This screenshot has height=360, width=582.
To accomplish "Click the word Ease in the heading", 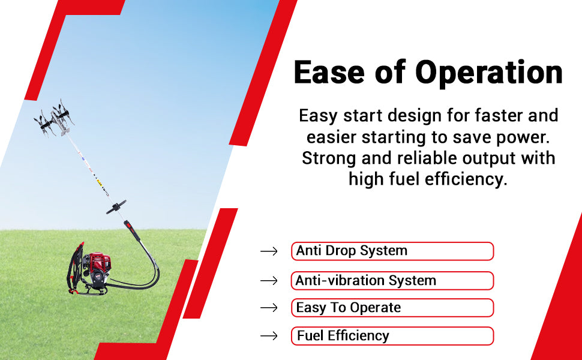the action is (x=329, y=72).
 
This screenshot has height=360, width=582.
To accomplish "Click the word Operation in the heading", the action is (x=489, y=73).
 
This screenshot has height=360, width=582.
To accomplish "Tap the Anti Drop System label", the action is (x=392, y=251).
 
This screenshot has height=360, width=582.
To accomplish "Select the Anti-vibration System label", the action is (x=392, y=281).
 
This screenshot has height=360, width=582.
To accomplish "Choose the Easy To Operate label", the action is (x=392, y=308).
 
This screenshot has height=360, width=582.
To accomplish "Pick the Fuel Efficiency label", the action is (x=392, y=336).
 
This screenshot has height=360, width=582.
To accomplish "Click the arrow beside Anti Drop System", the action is (x=269, y=251).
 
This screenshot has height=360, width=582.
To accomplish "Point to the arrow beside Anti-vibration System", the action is (x=269, y=281).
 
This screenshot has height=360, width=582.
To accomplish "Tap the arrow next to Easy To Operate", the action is (x=269, y=308).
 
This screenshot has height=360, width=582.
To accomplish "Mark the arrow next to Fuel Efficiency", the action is (x=269, y=336).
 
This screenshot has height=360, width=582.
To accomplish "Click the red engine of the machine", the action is (x=97, y=265).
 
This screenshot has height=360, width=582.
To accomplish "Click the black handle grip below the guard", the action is (x=132, y=231).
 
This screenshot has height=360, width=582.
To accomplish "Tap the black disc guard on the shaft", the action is (x=116, y=207).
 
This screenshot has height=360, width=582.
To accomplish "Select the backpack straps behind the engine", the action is (x=75, y=268).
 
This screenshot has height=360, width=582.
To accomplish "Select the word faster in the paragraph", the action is (x=499, y=115).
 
